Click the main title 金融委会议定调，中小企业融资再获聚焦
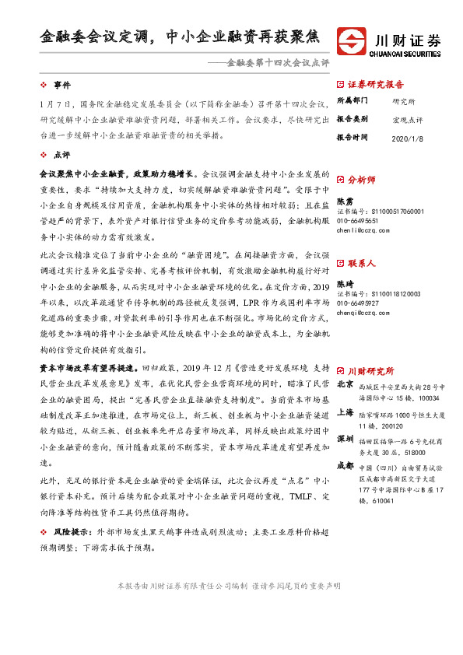click(x=180, y=37)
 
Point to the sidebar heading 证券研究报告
click(x=375, y=85)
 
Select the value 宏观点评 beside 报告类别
click(x=408, y=118)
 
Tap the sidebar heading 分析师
click(x=361, y=179)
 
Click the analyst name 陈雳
click(x=345, y=200)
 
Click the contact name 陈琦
click(x=345, y=284)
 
